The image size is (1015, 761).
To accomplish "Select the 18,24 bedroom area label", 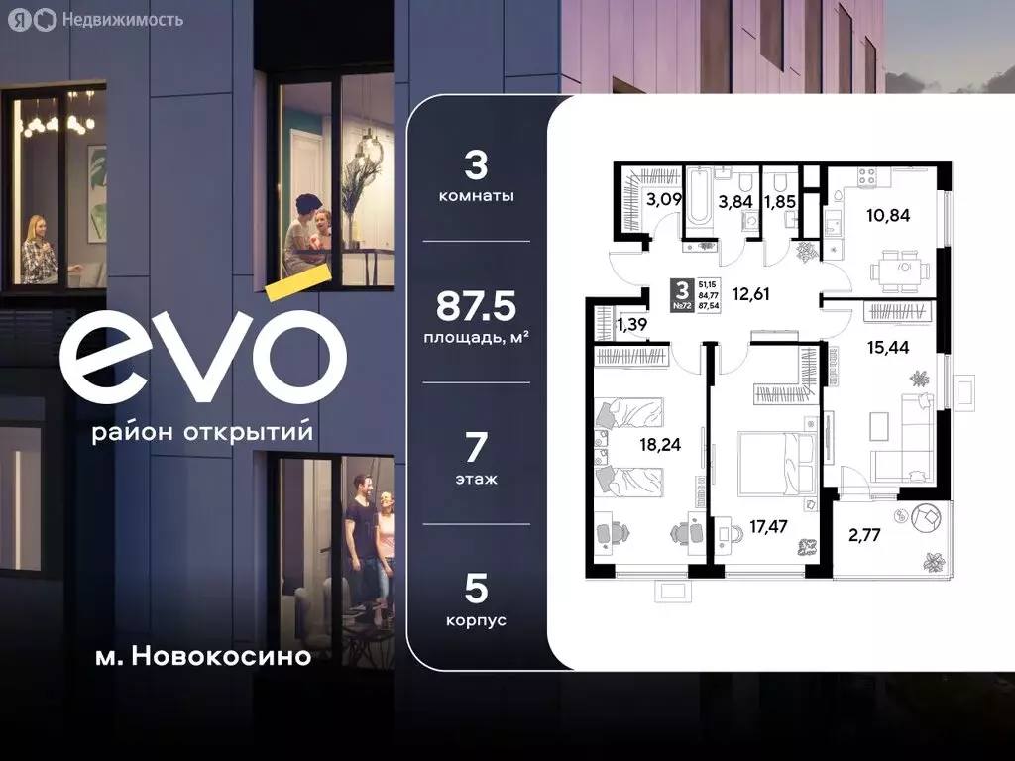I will click(x=660, y=445).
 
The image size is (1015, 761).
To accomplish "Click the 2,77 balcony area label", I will click(x=864, y=538).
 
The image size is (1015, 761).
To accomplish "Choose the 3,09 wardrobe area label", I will click(x=663, y=199).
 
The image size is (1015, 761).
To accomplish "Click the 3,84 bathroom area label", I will click(x=736, y=202).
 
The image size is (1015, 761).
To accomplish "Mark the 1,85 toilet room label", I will click(x=779, y=202).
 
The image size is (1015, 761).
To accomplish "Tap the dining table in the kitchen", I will click(x=902, y=267).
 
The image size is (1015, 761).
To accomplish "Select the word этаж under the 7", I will click(x=476, y=479).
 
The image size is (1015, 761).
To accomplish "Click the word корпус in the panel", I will click(x=476, y=620).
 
